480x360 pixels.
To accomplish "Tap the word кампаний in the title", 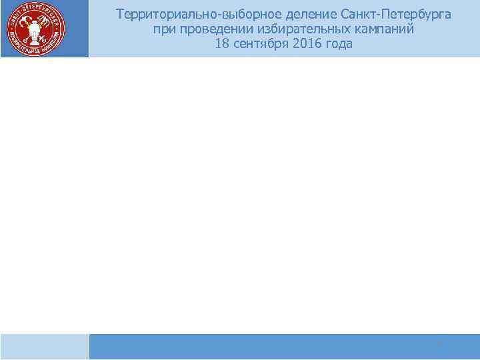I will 383,29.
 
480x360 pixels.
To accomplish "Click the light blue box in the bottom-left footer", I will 44,347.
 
